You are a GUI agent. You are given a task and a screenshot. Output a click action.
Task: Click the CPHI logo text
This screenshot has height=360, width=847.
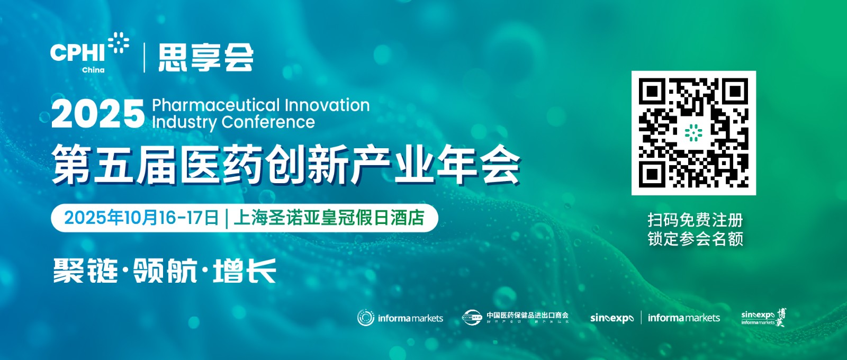[x=78, y=52]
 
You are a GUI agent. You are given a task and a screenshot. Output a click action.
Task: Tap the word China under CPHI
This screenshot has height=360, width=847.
[x=93, y=70]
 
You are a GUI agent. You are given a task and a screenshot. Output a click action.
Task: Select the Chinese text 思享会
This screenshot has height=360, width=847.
[x=206, y=57]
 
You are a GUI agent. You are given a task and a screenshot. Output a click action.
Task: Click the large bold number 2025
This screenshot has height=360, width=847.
[x=98, y=113]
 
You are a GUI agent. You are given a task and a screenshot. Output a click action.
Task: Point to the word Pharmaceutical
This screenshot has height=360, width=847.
[x=216, y=105]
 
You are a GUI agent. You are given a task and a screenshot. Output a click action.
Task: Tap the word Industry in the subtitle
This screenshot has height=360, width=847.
[x=184, y=122]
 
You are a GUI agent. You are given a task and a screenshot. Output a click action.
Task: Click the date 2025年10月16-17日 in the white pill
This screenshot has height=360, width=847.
[x=141, y=218]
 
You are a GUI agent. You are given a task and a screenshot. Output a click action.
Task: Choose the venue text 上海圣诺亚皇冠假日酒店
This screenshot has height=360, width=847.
[x=329, y=218]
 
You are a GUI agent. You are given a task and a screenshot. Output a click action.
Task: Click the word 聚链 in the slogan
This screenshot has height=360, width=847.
[x=85, y=271]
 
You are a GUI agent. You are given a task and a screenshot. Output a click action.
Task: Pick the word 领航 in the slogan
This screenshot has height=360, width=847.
[x=165, y=271]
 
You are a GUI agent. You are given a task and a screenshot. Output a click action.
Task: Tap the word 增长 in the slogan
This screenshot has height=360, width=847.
[x=245, y=271]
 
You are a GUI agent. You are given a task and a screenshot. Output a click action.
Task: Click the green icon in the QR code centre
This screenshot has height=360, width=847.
[x=693, y=133]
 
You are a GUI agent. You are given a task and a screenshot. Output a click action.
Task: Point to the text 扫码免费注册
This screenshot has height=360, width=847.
[x=695, y=220]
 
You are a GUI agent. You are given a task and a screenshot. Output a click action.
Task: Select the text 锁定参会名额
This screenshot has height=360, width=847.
[x=695, y=239]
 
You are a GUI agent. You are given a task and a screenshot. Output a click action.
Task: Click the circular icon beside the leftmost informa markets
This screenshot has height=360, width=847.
[x=365, y=318]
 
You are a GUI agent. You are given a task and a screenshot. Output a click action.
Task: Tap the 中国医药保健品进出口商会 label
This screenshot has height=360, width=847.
[x=527, y=315]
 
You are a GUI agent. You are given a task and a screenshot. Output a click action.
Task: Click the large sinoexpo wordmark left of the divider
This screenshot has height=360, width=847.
[x=611, y=318]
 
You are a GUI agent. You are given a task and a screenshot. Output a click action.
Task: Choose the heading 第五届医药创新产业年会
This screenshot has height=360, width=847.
[x=286, y=166]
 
